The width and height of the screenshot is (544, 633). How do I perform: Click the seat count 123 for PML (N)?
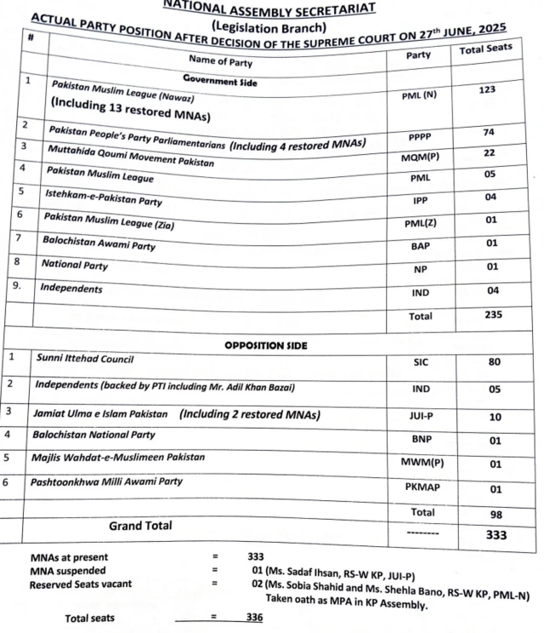(x=487, y=88)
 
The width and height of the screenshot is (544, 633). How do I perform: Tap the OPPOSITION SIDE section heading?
(x=266, y=346)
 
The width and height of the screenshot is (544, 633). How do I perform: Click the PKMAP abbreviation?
(x=424, y=488)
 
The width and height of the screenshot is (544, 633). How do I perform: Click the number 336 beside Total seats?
(x=254, y=619)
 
